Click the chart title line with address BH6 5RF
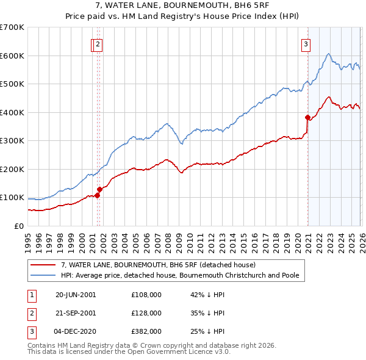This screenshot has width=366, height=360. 183,5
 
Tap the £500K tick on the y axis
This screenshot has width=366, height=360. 12,84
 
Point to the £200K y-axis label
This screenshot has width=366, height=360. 12,169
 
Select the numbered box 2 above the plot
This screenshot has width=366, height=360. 99,43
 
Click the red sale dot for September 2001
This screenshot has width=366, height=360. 99,190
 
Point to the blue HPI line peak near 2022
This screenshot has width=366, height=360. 328,54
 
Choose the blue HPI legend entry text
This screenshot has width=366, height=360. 180,276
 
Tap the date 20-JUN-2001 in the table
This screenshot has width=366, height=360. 76,294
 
